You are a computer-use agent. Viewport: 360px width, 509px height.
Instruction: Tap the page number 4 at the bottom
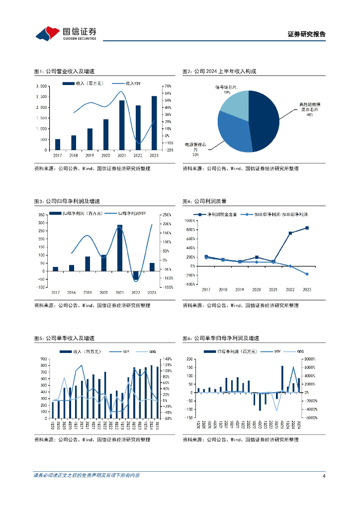[x=324, y=476]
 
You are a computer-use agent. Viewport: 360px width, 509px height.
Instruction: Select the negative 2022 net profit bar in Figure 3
[x=135, y=276]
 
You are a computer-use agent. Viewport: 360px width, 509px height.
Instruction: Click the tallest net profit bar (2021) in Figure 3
[x=119, y=248]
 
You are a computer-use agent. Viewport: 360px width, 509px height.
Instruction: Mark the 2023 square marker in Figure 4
[x=307, y=228]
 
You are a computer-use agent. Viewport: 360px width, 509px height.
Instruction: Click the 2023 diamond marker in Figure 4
[x=307, y=274]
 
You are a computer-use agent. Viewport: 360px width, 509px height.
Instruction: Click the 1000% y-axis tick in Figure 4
[x=189, y=220]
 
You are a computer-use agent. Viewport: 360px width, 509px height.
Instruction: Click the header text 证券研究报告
[x=306, y=34]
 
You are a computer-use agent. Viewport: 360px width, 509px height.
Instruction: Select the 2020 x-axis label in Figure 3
[x=103, y=293]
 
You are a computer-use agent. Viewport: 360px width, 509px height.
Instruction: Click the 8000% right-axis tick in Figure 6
[x=310, y=359]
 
